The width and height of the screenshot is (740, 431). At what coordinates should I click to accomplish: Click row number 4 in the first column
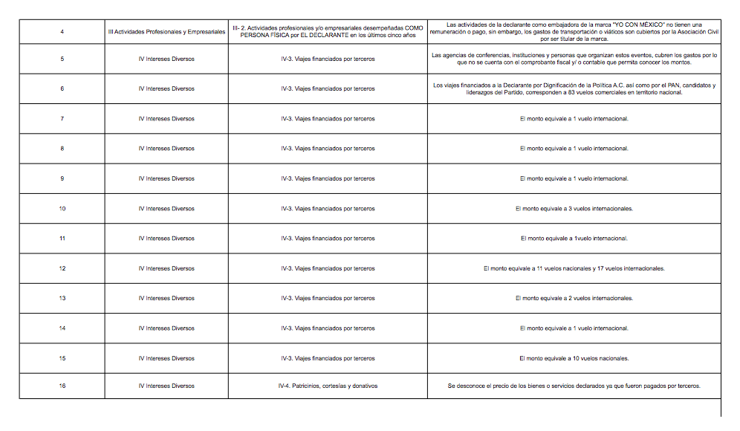[62, 32]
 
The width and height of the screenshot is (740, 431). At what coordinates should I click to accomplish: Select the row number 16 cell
[62, 386]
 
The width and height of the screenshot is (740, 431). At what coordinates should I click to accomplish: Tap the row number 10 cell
[62, 209]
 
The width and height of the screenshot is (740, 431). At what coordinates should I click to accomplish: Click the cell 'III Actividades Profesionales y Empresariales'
[166, 32]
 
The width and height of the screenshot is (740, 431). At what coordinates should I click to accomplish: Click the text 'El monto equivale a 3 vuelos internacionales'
[574, 209]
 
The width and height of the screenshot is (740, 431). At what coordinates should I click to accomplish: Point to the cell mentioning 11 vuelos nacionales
[574, 268]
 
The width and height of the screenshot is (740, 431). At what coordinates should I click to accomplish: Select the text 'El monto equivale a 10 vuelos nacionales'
[574, 358]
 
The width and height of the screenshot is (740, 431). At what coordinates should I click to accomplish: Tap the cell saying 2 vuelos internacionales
[574, 298]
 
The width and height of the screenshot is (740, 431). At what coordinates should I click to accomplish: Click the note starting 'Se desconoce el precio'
[574, 386]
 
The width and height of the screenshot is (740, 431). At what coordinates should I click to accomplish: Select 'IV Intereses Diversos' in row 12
[166, 268]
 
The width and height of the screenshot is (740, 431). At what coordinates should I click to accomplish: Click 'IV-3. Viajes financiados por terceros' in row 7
[328, 119]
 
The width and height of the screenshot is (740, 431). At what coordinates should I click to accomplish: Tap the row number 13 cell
[62, 298]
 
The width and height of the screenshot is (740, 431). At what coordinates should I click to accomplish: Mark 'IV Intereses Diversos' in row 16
[166, 386]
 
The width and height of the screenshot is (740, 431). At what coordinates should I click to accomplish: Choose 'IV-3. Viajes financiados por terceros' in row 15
[328, 358]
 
